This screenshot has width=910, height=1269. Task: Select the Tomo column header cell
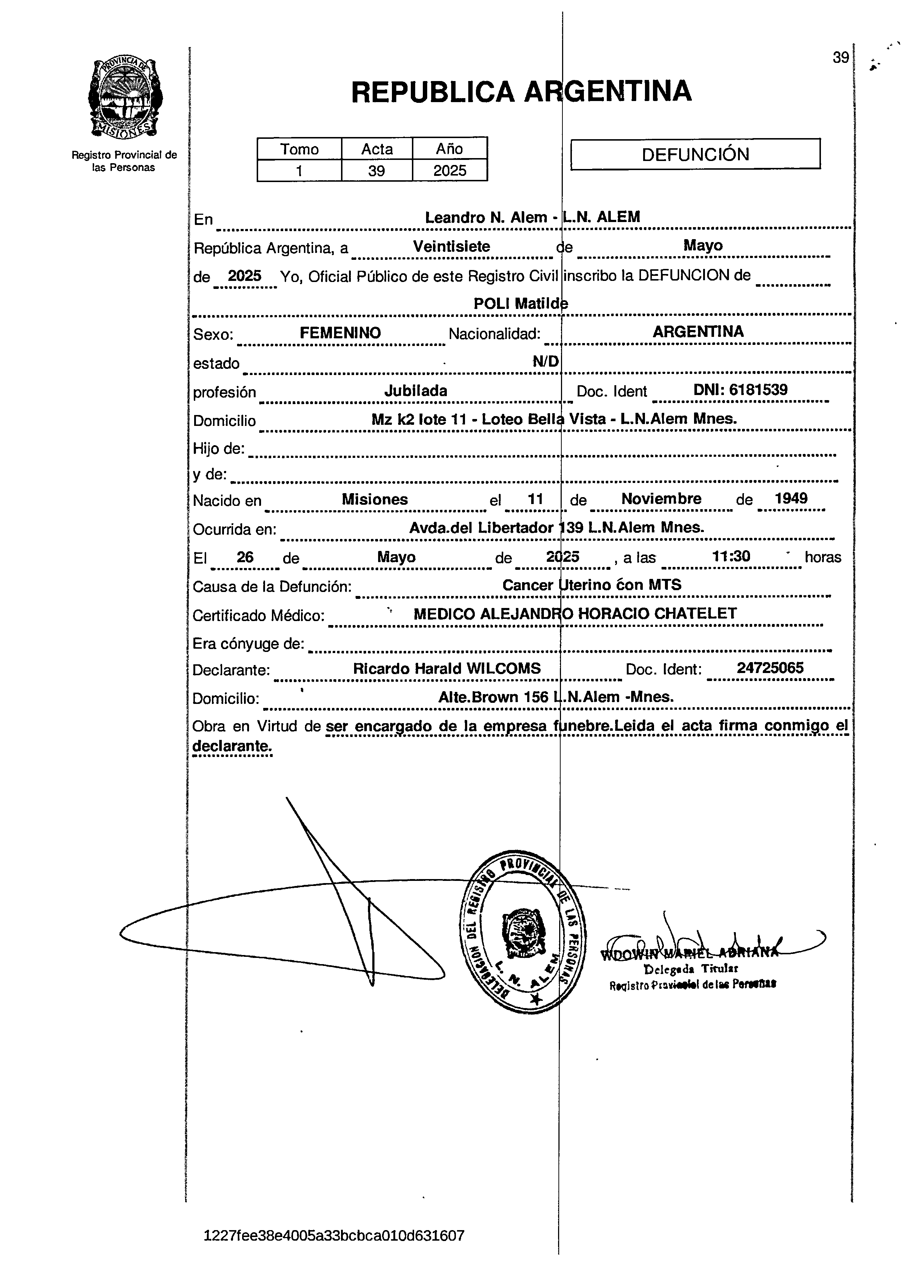[300, 149]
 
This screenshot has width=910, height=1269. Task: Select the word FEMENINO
[340, 333]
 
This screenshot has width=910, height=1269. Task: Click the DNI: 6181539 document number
[741, 390]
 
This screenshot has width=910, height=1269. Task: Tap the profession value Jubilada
[416, 391]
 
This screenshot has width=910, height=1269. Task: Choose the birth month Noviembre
[661, 499]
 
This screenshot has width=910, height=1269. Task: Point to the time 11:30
[731, 556]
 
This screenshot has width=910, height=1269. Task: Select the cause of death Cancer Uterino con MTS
[592, 585]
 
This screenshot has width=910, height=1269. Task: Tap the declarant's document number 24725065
[770, 668]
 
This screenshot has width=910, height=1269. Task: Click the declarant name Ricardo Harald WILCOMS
[446, 669]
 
